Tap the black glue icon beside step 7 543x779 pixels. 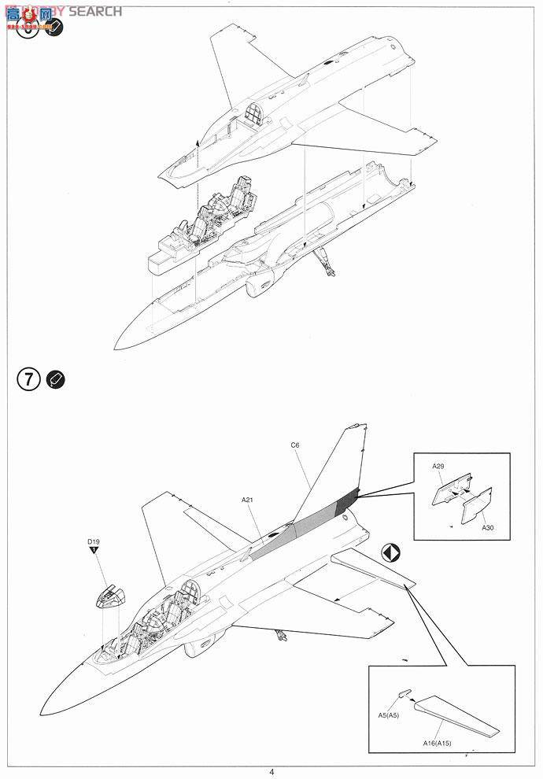pos(56,378)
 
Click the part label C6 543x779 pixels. pos(295,445)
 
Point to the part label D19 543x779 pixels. pos(94,541)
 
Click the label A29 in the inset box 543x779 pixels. pos(438,466)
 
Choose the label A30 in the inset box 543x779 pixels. pos(489,528)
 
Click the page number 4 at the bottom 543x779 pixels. pos(271,772)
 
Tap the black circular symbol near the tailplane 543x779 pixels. pos(391,552)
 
